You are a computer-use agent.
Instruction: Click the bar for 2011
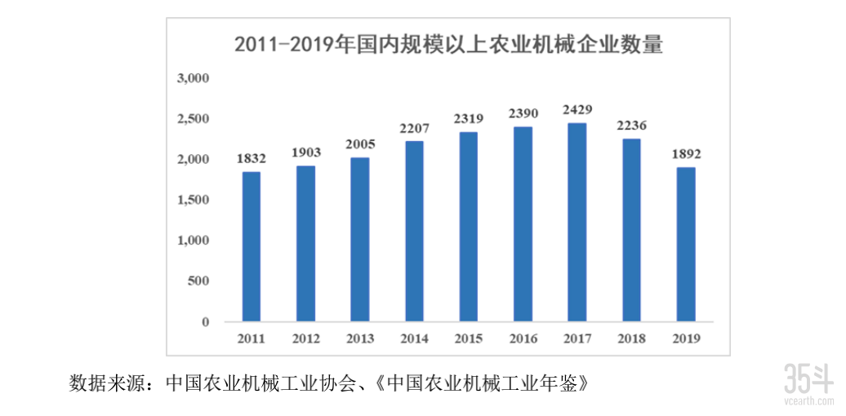pos(252,246)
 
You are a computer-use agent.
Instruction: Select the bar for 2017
pos(577,222)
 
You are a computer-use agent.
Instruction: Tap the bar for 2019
pos(685,244)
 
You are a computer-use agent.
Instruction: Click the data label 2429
pos(577,109)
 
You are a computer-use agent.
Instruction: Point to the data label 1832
pos(252,158)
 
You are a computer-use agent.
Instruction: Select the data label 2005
pos(360,144)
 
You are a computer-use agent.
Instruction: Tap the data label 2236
pos(631,125)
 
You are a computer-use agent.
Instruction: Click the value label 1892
pos(685,153)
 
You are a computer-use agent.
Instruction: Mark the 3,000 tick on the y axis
pos(194,78)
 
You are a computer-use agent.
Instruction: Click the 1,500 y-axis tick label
pos(194,200)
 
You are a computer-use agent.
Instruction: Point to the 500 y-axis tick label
pos(199,281)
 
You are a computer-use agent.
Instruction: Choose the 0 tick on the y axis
pos(205,322)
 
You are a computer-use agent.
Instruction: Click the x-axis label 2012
pos(305,338)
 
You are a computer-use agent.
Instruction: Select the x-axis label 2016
pos(523,338)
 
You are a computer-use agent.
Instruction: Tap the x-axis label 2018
pos(631,338)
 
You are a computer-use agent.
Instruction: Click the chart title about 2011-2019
pos(447,43)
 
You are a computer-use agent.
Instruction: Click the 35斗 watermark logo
pos(808,383)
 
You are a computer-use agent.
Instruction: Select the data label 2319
pos(469,118)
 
